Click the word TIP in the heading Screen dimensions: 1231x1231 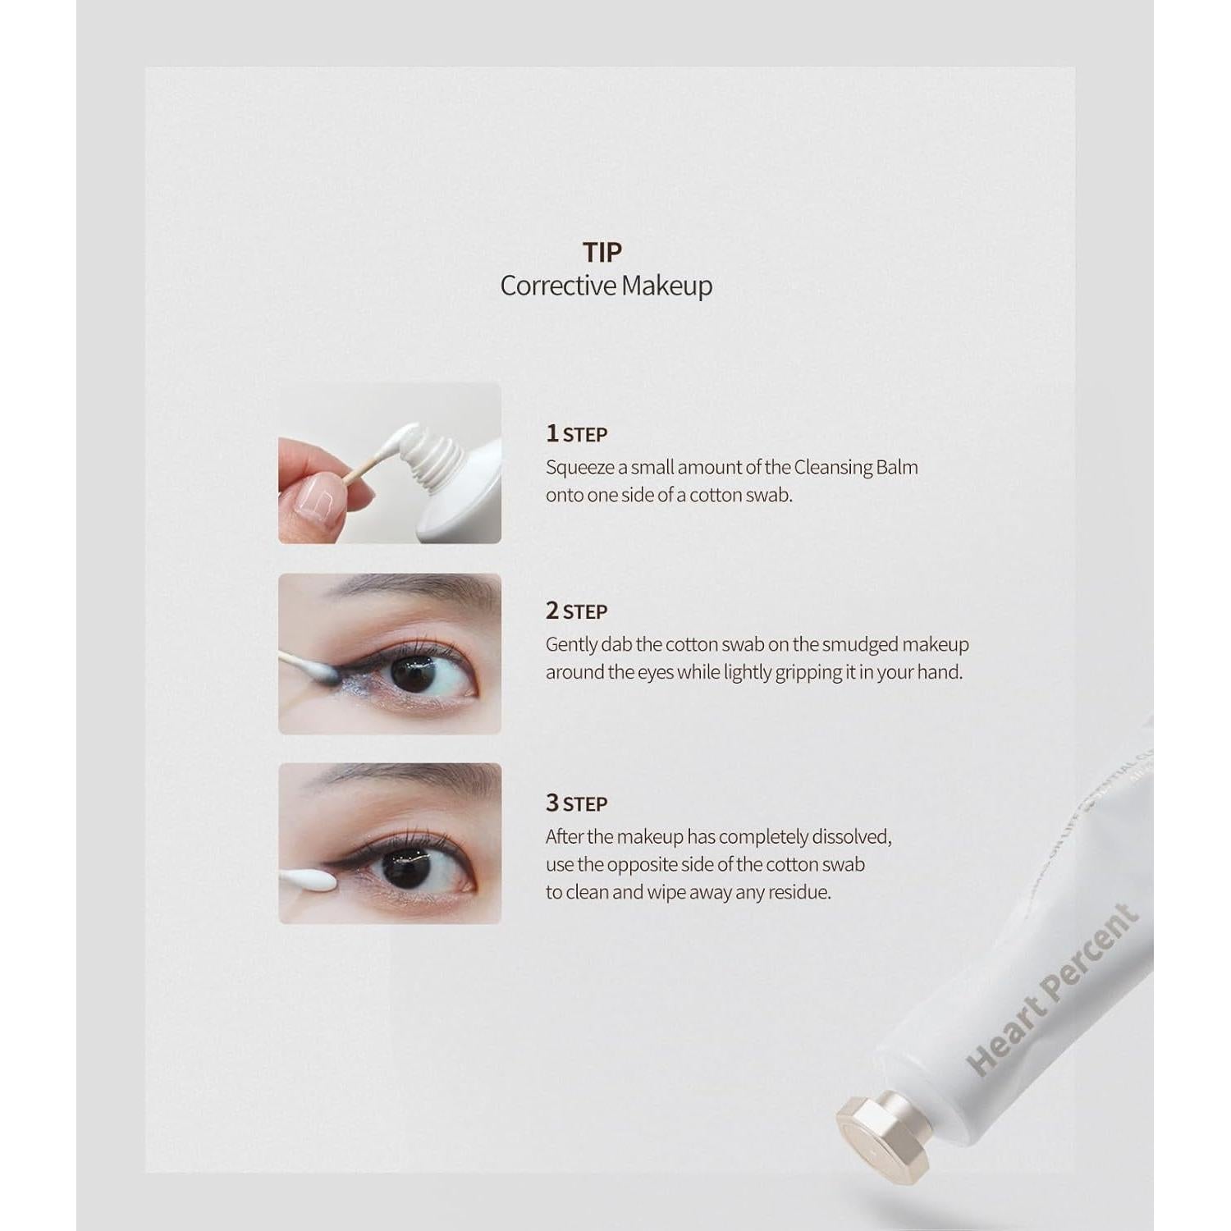pos(602,252)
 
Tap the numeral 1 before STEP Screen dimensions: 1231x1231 pos(551,432)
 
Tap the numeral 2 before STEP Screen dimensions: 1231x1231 pos(551,611)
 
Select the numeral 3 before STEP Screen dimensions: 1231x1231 pos(551,803)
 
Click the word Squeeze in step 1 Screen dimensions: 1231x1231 pos(579,468)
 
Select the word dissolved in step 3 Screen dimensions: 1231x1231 pos(850,837)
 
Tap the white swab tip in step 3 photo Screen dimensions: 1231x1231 pos(312,881)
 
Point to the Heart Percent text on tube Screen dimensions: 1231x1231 pos(1054,990)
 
